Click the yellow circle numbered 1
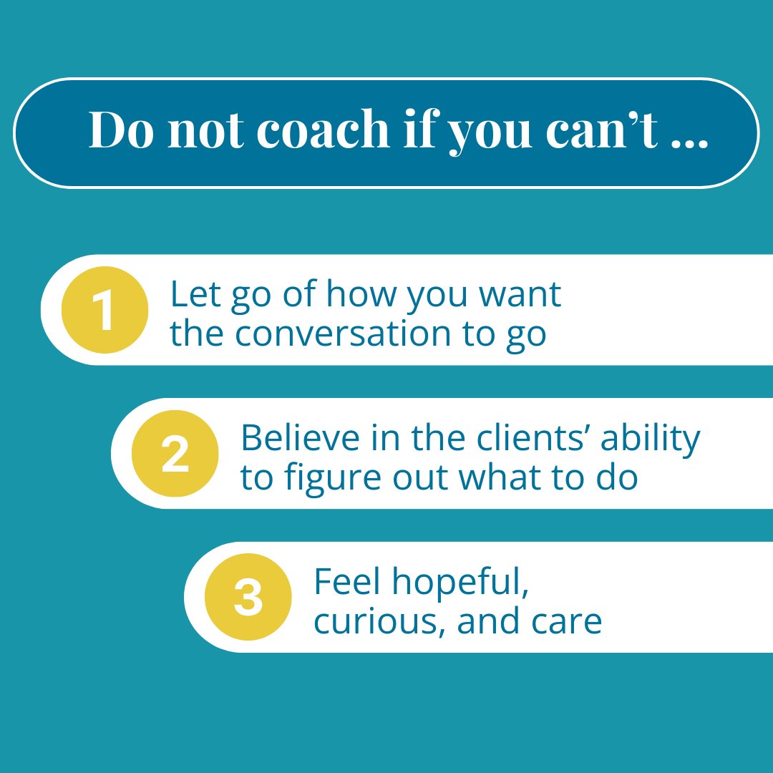click(x=104, y=310)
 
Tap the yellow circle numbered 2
click(x=175, y=454)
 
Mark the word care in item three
click(x=566, y=622)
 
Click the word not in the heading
click(x=203, y=131)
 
